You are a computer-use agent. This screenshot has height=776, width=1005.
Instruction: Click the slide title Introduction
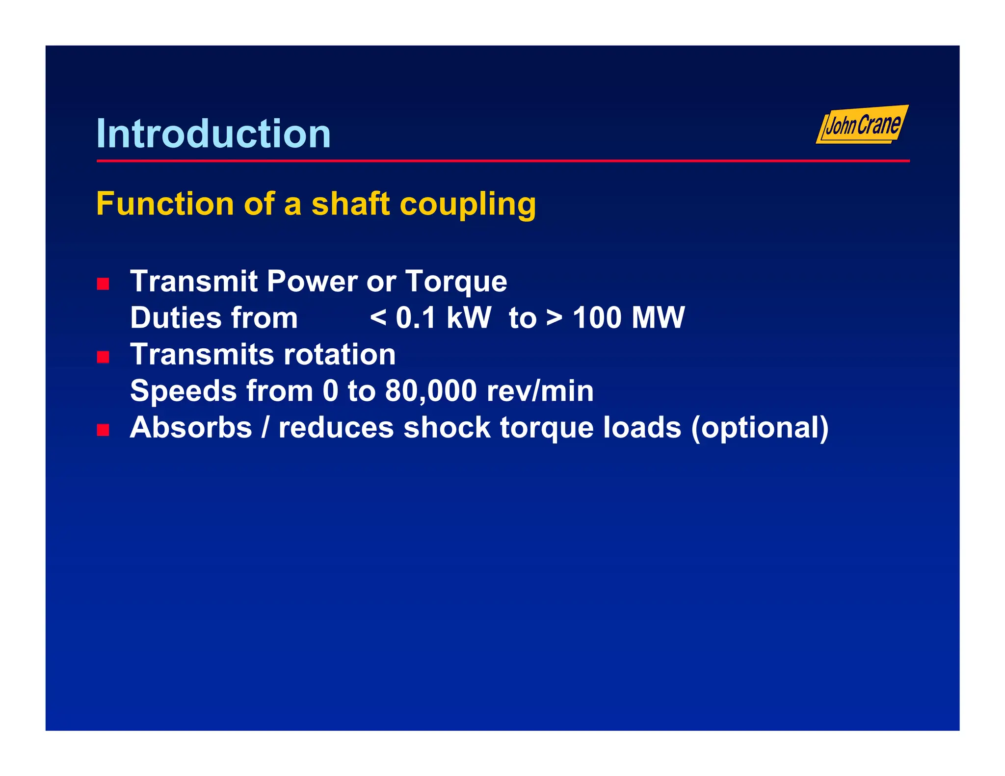coord(213,133)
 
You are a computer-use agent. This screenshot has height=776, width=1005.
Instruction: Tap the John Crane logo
coord(862,125)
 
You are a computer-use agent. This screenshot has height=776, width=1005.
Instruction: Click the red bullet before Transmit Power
coord(103,284)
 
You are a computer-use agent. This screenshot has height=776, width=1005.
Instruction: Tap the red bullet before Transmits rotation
coord(103,357)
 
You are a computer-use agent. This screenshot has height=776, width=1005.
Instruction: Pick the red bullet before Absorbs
coord(103,430)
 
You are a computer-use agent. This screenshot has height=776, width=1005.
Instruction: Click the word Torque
coord(456,282)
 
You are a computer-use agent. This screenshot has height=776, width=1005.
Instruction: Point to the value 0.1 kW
coord(443,318)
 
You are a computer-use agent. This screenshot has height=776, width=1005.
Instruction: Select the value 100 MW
coord(629,318)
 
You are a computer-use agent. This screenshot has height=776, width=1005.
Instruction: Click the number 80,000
coord(431,391)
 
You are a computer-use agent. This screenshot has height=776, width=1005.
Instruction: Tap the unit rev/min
coord(540,391)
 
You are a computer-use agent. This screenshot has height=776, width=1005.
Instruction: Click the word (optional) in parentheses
coord(760,428)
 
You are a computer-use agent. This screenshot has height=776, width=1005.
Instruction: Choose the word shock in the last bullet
coord(447,427)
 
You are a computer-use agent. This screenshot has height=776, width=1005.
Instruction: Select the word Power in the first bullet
coord(312,282)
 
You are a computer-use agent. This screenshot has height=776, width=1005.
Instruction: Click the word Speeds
coord(183,391)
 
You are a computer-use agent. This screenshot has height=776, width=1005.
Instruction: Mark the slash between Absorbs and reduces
coord(265,427)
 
